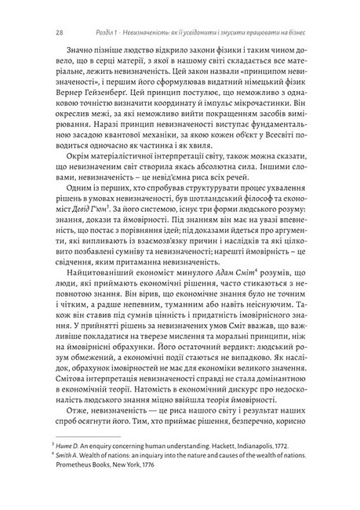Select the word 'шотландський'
coord(222,211)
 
